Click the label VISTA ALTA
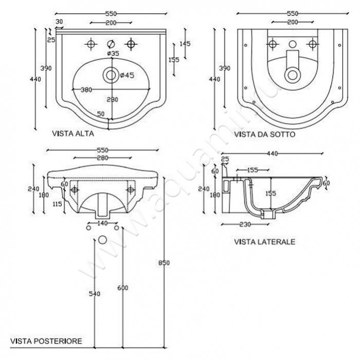click(x=73, y=134)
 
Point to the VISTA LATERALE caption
click(x=264, y=241)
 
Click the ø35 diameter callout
click(x=113, y=53)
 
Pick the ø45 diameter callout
click(x=127, y=75)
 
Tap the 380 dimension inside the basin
click(x=86, y=89)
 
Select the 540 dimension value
click(x=94, y=294)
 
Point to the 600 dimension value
click(x=123, y=287)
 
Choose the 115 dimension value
click(x=57, y=204)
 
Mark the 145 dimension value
click(x=185, y=44)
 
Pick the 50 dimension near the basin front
click(x=101, y=114)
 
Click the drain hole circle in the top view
click(x=110, y=75)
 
